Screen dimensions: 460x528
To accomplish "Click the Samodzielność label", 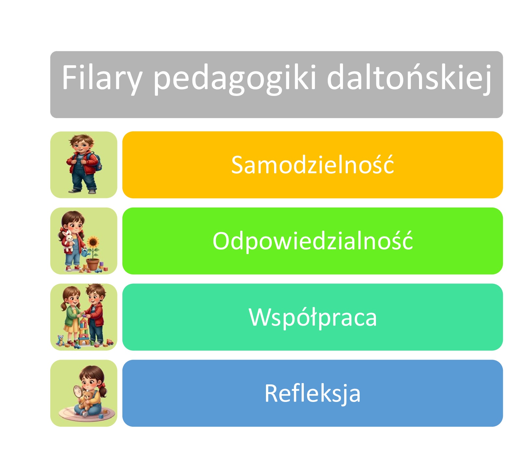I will [312, 165].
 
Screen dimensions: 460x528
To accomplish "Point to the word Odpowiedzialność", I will [312, 241].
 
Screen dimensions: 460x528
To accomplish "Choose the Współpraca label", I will [312, 317].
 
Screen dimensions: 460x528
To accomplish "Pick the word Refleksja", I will [312, 393].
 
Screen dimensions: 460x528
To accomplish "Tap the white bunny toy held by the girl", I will [69, 240].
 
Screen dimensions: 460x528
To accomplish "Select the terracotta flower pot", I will [93, 264].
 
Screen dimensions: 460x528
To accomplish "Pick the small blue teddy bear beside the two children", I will [60, 341].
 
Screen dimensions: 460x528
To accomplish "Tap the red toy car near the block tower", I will [110, 342].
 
